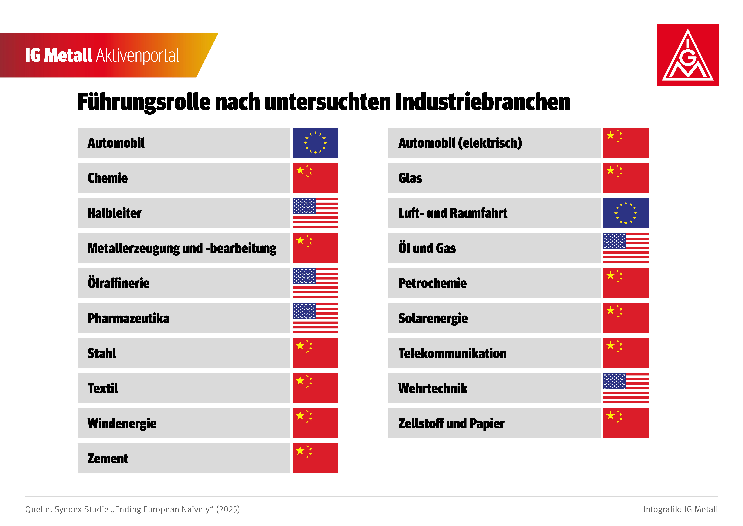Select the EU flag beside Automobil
315,143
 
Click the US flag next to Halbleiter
315,213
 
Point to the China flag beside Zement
315,458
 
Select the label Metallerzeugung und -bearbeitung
182,248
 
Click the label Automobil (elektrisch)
460,143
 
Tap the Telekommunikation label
452,353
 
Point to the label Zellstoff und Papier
451,423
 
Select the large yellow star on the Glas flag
610,170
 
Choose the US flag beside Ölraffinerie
315,283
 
